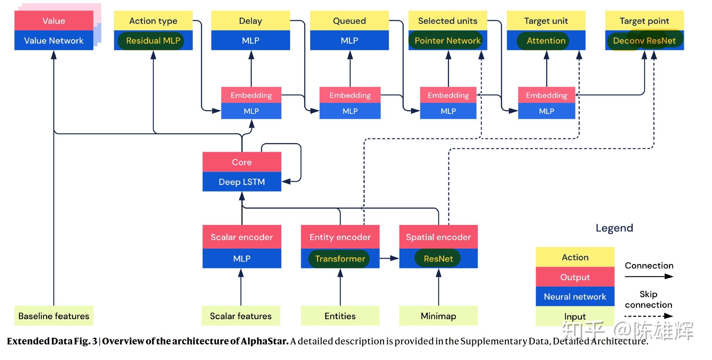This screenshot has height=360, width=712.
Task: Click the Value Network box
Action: (x=54, y=40)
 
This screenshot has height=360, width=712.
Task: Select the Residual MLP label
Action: (x=153, y=41)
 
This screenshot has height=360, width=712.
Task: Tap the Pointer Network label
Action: (x=448, y=41)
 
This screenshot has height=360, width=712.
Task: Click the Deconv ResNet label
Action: (x=644, y=41)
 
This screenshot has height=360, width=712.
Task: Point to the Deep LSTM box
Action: (x=242, y=181)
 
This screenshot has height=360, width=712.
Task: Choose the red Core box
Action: (x=242, y=162)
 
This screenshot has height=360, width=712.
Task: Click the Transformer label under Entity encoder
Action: (x=340, y=258)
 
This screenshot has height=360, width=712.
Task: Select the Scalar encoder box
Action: (x=242, y=237)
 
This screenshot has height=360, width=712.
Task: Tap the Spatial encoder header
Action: (x=438, y=237)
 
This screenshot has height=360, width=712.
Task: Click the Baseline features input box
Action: (x=54, y=316)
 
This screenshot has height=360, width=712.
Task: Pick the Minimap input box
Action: (x=438, y=316)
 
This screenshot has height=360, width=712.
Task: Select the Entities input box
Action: (x=340, y=316)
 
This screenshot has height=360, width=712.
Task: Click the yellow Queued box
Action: (x=349, y=21)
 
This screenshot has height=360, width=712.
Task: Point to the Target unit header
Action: (x=546, y=21)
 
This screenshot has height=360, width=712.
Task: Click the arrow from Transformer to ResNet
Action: (x=389, y=258)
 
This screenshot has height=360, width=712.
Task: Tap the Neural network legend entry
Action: (x=575, y=296)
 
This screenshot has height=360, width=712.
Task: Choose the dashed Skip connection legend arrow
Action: (x=649, y=316)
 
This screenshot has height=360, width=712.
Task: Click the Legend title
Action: (x=614, y=228)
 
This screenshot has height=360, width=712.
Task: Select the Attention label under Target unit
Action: (x=546, y=41)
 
